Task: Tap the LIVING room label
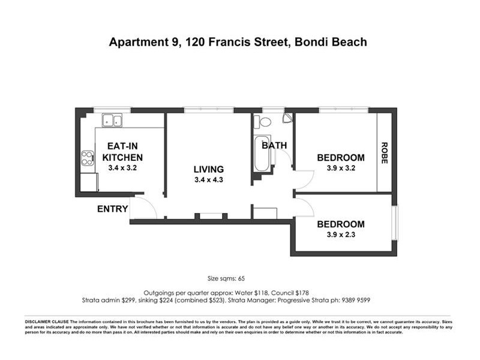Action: (x=208, y=169)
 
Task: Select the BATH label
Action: (x=274, y=145)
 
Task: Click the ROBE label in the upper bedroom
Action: (x=384, y=152)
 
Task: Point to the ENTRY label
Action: (x=113, y=209)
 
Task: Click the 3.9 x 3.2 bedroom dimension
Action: (x=341, y=169)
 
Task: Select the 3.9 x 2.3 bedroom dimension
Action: (x=341, y=235)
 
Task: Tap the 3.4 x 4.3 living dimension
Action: (x=208, y=180)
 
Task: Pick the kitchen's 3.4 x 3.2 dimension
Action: (x=122, y=168)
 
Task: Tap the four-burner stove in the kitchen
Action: (x=87, y=158)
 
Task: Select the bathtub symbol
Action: (x=262, y=154)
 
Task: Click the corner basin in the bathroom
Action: (x=287, y=118)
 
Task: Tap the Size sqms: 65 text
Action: (x=226, y=278)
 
